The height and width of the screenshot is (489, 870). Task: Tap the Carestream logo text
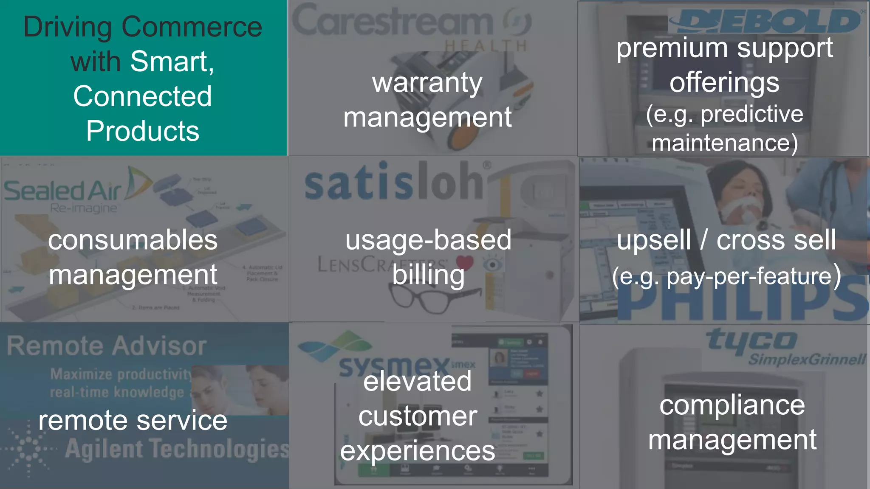393,21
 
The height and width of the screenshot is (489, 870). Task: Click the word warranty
427,83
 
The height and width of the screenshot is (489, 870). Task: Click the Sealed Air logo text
63,191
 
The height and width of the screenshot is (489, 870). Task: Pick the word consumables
133,240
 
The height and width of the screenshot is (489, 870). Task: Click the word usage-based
428,240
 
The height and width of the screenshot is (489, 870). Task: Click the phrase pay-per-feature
749,277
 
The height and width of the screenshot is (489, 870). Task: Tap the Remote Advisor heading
107,346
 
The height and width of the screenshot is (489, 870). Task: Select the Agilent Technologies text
177,450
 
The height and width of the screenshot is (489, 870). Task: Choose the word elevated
417,381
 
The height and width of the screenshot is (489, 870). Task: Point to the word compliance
732,405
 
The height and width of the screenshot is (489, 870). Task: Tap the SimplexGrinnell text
806,360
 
